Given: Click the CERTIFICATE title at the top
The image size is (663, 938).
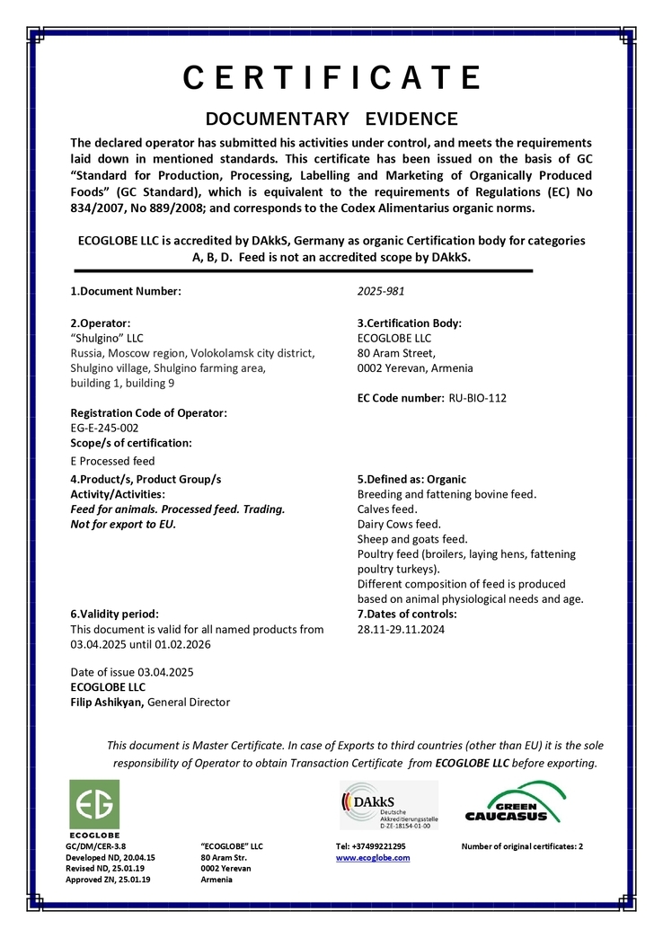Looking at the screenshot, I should coord(331,78).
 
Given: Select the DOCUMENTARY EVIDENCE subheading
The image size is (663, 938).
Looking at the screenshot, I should coord(331,119).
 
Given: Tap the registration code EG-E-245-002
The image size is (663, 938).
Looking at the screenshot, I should coord(104,428).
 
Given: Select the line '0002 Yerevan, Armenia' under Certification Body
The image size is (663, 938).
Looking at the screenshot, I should coord(414,367).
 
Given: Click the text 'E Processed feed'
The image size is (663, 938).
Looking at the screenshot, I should coord(112,461).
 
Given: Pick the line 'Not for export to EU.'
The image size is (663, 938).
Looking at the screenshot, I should coord(123,524).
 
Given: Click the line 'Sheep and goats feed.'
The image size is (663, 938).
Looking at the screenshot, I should coord(412,539).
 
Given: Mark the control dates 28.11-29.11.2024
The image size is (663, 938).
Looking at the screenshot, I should coord(401,629).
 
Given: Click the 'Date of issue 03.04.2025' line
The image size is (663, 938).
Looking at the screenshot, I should coord(132,672).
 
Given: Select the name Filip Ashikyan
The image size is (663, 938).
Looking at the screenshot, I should coord(106,702).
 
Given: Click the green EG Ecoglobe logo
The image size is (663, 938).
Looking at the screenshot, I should coord(94,805).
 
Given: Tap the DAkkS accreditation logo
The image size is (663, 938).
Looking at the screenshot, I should coord(388,805).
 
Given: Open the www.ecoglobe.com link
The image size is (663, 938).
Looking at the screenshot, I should coord(372,857).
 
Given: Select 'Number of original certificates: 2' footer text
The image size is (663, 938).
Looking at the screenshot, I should coord(522,845).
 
